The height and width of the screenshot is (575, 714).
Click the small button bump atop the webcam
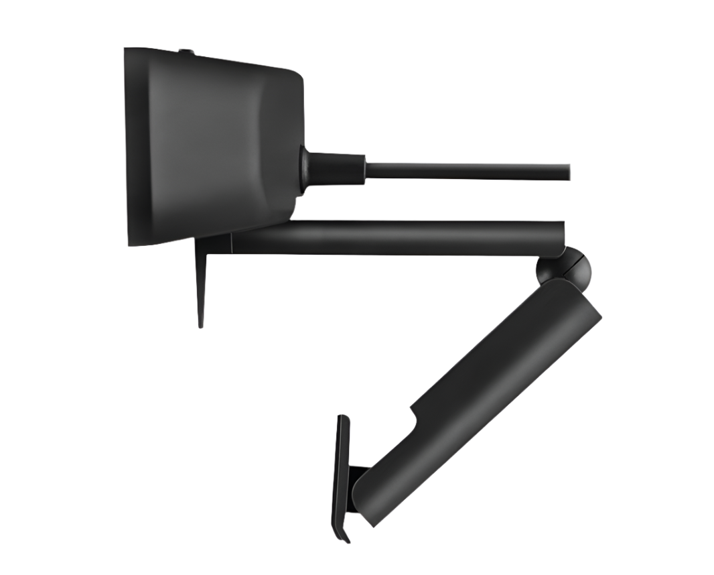click(186, 51)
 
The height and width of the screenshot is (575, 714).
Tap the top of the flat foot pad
click(343, 420)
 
